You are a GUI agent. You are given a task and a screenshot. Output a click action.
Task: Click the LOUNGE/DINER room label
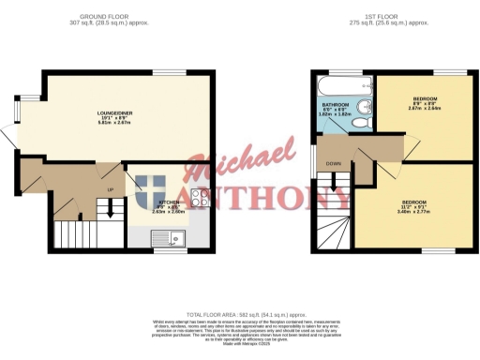click(x=114, y=112)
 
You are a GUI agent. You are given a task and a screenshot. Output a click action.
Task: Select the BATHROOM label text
click(x=335, y=104)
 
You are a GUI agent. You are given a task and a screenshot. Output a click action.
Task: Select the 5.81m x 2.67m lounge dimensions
click(x=114, y=124)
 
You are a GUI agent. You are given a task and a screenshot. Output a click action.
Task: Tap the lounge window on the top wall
click(x=168, y=73)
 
